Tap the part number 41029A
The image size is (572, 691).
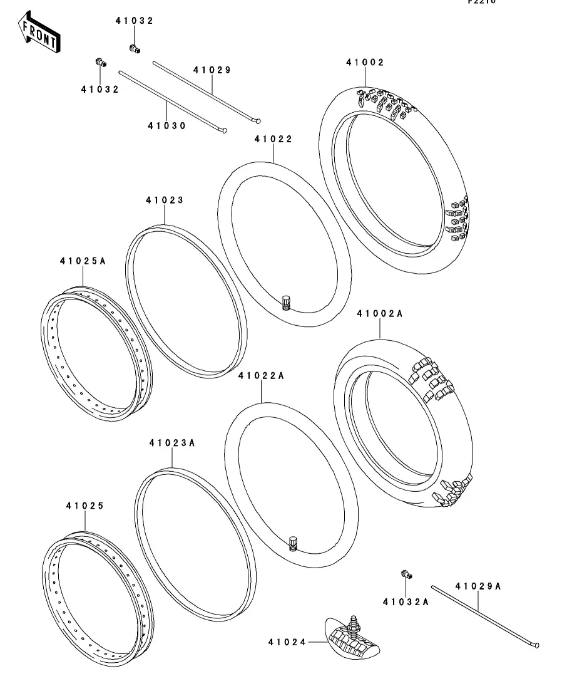478,586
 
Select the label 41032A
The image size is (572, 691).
406,602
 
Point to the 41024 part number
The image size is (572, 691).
287,642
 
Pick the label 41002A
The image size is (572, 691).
380,314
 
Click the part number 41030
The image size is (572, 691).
167,126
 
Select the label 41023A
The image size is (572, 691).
172,443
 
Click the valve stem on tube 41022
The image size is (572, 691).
287,302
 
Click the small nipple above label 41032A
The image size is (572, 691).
405,573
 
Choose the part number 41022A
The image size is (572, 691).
262,376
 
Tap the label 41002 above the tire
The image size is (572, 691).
365,62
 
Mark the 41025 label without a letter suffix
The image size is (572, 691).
85,505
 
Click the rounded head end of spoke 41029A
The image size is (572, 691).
536,645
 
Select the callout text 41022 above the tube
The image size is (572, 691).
273,139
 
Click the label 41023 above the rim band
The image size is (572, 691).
165,200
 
